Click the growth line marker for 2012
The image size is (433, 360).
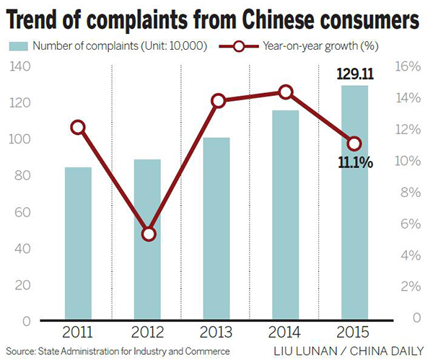pos(149,234)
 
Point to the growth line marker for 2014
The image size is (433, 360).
pos(286,92)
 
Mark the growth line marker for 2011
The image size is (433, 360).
pos(78,128)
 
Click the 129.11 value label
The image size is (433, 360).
pos(355,74)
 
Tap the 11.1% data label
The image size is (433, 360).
pos(355,163)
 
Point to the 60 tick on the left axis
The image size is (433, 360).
pos(22,211)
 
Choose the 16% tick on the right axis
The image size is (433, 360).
pos(408,66)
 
